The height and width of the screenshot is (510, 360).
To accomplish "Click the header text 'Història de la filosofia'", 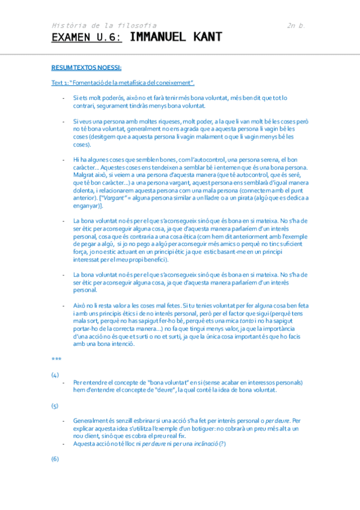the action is (x=104, y=26).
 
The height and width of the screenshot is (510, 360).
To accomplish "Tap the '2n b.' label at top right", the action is (x=296, y=26).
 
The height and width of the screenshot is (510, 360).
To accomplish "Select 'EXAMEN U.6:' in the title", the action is (x=87, y=38).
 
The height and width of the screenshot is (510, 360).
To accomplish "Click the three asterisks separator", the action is (x=56, y=359).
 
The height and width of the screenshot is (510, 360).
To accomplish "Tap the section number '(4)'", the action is (x=55, y=375).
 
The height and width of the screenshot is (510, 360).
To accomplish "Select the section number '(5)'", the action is (x=55, y=406).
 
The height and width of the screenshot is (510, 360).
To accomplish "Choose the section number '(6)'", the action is (x=55, y=459).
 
